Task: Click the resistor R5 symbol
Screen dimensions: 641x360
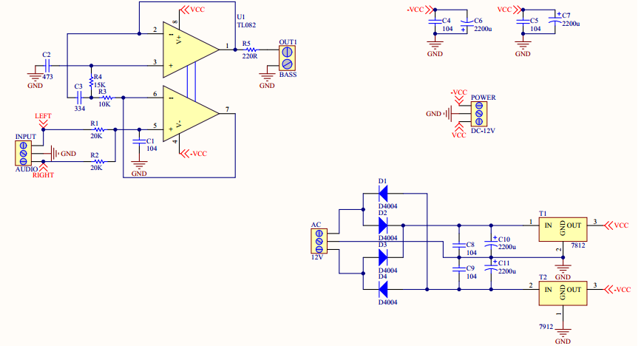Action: point(249,50)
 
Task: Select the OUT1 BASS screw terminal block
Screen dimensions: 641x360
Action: point(287,58)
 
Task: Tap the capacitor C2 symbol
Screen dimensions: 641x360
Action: point(47,65)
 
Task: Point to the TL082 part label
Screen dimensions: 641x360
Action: point(246,25)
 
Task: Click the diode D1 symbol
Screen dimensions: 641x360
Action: point(383,193)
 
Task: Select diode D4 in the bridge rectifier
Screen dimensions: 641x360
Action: point(383,289)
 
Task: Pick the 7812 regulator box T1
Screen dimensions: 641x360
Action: point(563,229)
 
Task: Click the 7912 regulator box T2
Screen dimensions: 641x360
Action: point(563,293)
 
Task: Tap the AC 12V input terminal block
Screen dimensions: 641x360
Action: point(319,241)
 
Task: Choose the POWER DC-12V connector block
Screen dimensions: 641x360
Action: point(478,114)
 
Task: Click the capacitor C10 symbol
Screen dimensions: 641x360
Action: point(491,242)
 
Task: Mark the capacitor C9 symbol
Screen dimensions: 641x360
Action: point(459,270)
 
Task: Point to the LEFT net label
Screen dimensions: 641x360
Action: point(43,116)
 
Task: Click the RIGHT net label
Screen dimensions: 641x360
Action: point(44,175)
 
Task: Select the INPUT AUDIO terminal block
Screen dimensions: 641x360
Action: point(24,153)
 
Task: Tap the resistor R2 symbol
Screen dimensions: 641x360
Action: point(98,162)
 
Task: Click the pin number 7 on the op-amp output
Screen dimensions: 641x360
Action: point(227,109)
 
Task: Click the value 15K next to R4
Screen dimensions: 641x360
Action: point(99,85)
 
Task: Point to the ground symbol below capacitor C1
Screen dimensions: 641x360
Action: point(139,165)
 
